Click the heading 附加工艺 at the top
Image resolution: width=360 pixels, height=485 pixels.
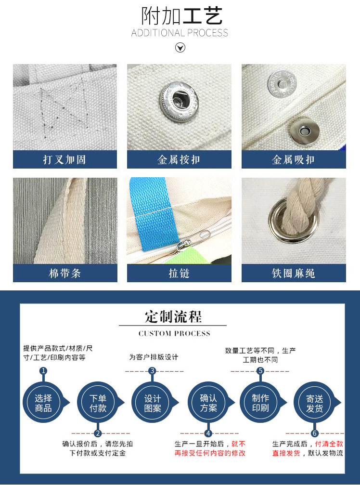(181, 16)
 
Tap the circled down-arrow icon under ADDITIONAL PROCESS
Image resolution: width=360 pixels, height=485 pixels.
(180, 47)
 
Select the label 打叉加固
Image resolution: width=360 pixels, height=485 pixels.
(64, 159)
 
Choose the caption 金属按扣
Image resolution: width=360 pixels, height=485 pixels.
(179, 159)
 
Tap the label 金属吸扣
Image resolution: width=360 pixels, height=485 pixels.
(293, 159)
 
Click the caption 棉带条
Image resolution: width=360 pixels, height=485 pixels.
(64, 273)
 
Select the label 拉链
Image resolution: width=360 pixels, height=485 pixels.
(179, 273)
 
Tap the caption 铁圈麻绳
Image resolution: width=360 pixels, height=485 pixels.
(293, 273)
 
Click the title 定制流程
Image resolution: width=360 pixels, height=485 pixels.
(173, 317)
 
